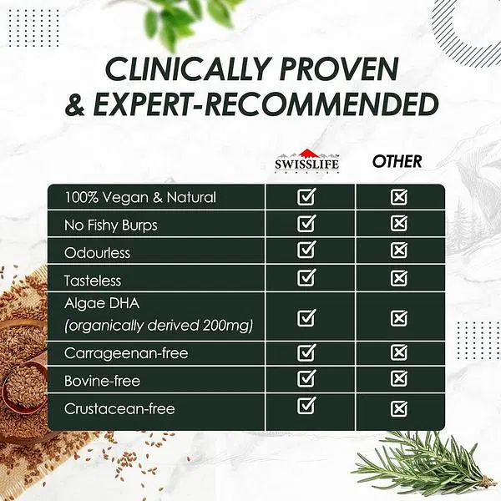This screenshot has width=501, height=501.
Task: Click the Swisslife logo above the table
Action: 306,162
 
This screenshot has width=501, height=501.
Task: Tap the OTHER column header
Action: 397,161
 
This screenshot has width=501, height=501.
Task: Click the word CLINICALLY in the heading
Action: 186,69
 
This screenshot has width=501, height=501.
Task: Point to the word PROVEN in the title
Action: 339,69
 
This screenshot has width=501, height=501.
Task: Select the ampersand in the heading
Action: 75,104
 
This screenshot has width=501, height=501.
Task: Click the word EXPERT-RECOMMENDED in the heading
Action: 266,104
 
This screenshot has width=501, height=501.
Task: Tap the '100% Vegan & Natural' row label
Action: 140,197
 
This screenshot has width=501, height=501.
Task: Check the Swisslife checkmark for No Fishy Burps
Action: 306,223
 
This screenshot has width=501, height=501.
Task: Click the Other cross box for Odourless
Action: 399,250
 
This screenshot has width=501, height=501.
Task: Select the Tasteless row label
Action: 93,281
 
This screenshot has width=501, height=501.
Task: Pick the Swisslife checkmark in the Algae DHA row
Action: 306,317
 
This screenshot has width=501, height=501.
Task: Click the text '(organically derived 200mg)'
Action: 159,326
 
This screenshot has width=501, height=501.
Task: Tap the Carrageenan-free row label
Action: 126,353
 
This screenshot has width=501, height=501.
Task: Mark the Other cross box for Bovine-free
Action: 399,378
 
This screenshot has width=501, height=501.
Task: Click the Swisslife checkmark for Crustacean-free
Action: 306,406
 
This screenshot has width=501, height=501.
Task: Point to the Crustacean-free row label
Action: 119,408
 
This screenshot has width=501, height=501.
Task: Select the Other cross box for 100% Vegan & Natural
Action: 399,197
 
